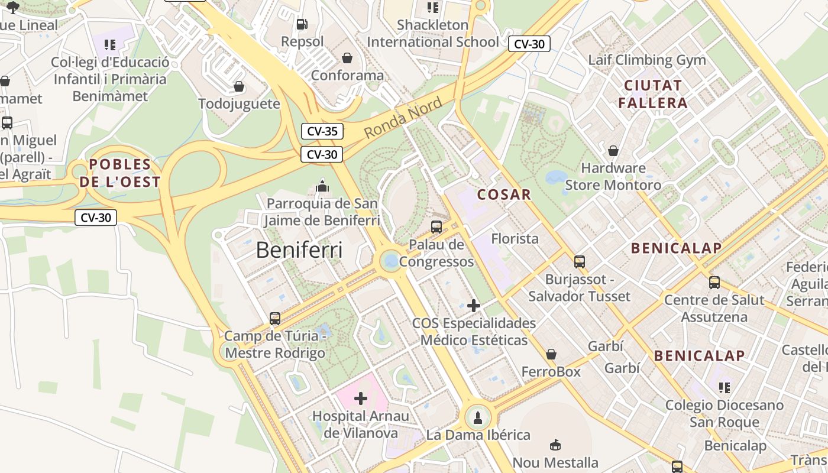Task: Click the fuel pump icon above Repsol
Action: [x=302, y=24]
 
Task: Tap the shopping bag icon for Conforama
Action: [x=347, y=58]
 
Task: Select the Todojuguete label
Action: [x=239, y=104]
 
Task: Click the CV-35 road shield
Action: [x=322, y=131]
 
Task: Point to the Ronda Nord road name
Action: [x=403, y=118]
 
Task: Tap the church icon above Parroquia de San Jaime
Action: [x=322, y=186]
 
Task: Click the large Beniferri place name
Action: [x=299, y=250]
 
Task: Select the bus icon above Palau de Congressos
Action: [x=436, y=226]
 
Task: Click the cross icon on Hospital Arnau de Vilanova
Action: [x=360, y=399]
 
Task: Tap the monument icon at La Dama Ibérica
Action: [x=478, y=417]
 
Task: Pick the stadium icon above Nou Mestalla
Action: [x=555, y=445]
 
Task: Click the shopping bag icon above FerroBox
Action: [x=551, y=354]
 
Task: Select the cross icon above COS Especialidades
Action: [x=474, y=306]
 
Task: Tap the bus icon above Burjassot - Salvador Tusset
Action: [x=580, y=261]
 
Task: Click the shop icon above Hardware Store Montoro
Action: [x=613, y=151]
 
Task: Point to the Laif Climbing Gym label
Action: [x=646, y=60]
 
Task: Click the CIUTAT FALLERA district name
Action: [x=653, y=94]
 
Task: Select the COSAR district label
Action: [x=504, y=195]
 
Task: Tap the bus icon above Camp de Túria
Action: [x=275, y=319]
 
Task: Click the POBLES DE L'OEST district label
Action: [x=120, y=173]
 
